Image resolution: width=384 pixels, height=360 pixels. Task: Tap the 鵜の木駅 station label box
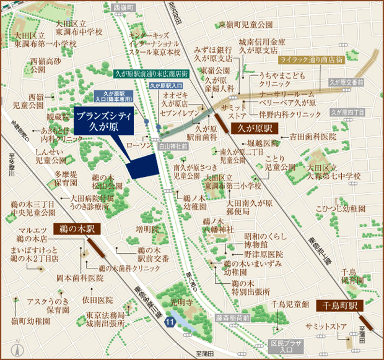77,228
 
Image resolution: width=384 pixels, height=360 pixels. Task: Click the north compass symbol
19,347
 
